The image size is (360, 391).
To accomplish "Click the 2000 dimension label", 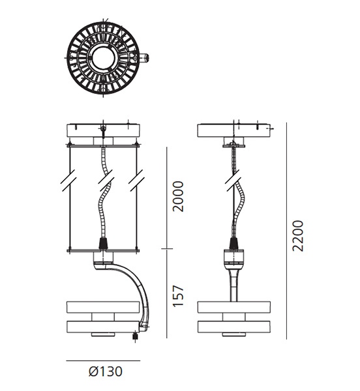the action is pos(179,197).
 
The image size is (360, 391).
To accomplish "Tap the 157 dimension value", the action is pos(179,296).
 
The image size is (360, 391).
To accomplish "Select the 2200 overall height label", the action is pos(298,236).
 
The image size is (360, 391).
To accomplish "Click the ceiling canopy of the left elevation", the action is pos(103,130).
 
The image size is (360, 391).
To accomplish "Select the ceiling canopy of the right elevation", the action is pos(233,130).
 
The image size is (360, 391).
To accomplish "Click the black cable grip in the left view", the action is pos(102,244).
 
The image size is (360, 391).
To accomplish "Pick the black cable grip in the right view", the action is pos(233,244).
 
